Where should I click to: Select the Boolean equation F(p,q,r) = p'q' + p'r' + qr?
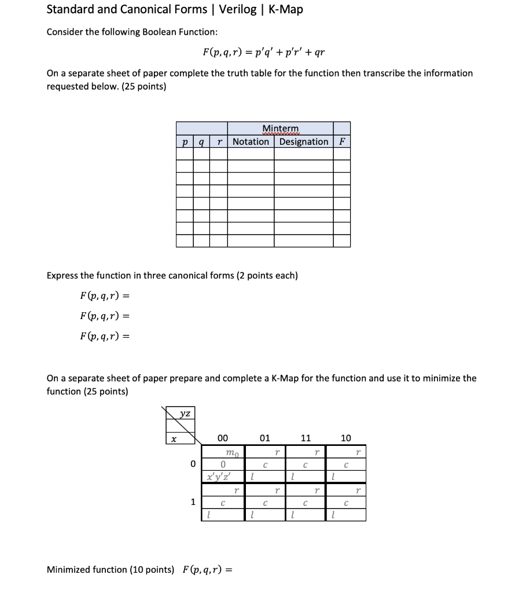coord(263,52)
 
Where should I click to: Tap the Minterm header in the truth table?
coord(281,128)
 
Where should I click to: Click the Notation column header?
coord(251,141)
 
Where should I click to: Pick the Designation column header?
coord(303,141)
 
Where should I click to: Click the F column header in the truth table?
coord(341,141)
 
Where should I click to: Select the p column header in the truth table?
coord(184,142)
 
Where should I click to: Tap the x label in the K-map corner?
coord(172,440)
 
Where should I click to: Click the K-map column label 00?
coord(222,438)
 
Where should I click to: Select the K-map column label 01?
coord(264,438)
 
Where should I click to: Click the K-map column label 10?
coord(345,438)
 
